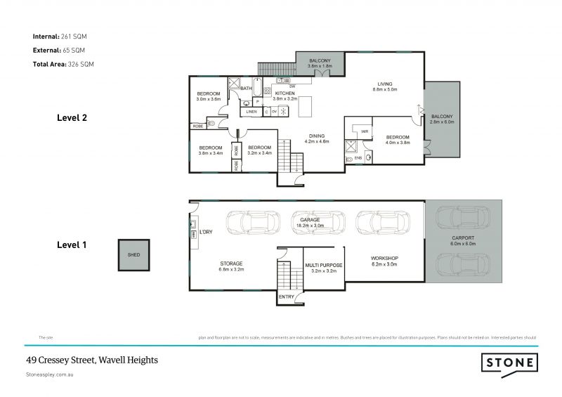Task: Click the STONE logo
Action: click(x=509, y=363)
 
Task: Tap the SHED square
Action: click(x=133, y=255)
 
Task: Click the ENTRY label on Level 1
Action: click(x=287, y=297)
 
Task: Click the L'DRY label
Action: click(x=206, y=231)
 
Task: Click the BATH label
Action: click(x=246, y=89)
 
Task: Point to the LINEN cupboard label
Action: click(x=251, y=112)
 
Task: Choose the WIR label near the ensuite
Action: click(x=364, y=131)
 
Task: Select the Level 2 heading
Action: click(x=72, y=118)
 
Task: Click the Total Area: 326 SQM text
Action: click(x=63, y=64)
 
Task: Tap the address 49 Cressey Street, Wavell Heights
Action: click(x=92, y=360)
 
